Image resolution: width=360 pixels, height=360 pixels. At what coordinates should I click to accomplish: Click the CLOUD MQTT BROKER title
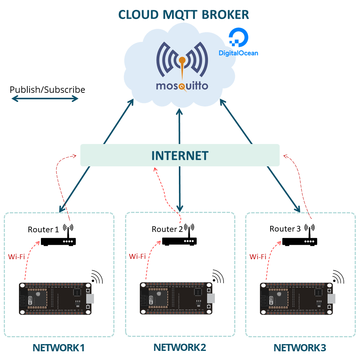click(x=183, y=14)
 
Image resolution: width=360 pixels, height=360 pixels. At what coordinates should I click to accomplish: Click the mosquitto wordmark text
click(x=182, y=86)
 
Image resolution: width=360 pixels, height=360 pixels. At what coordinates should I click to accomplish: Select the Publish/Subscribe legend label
click(x=47, y=90)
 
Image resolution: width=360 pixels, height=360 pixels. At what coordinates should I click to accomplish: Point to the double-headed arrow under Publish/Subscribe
click(x=45, y=99)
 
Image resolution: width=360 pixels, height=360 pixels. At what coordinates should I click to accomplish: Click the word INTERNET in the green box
click(x=180, y=155)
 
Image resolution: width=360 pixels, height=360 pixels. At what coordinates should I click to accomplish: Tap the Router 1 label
click(x=43, y=230)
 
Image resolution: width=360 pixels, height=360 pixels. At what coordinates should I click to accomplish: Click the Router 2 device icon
click(x=180, y=241)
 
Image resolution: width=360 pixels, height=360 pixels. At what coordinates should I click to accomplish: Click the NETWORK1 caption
click(x=59, y=348)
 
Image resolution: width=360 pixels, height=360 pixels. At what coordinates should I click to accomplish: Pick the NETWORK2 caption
click(x=180, y=347)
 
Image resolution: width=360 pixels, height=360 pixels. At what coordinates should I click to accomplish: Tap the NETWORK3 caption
click(x=300, y=348)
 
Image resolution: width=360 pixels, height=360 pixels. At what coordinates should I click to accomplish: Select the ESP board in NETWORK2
click(x=177, y=298)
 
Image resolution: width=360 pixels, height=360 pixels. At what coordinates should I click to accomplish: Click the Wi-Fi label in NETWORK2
click(x=137, y=256)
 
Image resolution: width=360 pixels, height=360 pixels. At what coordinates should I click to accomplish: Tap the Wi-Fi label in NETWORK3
click(x=258, y=257)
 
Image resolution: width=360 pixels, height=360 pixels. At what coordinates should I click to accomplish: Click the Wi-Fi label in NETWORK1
click(x=16, y=257)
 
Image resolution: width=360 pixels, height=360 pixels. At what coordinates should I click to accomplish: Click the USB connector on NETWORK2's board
click(x=211, y=298)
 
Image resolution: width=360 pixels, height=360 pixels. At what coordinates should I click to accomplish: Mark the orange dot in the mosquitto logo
click(x=182, y=60)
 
